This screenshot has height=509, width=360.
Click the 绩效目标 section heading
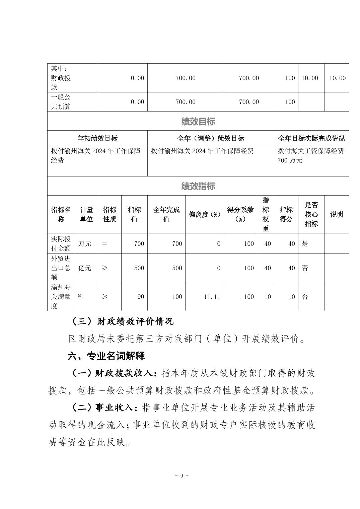(198, 122)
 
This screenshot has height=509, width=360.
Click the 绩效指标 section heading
(198, 186)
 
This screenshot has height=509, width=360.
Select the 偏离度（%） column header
(204, 215)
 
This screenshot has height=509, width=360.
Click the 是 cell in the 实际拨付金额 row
(305, 244)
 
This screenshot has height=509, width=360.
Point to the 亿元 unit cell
(85, 268)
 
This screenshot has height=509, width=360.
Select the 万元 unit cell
(85, 244)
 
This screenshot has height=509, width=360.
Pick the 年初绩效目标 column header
(97, 138)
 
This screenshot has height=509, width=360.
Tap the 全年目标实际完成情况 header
(311, 138)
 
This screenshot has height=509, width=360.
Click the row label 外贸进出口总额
(61, 268)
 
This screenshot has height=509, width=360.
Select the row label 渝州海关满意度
(61, 297)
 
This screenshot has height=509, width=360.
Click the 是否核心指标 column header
(311, 215)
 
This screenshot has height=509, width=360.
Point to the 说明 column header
(337, 215)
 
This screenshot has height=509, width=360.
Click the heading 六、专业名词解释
(106, 356)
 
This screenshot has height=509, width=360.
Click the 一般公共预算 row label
(61, 102)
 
